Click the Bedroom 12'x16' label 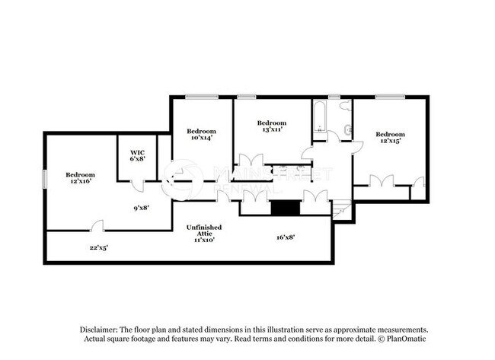pyautogui.click(x=79, y=177)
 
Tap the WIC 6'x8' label pyautogui.click(x=137, y=155)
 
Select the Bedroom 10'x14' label pyautogui.click(x=202, y=134)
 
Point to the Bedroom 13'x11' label pyautogui.click(x=271, y=126)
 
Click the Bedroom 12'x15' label pyautogui.click(x=388, y=137)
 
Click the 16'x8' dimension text pyautogui.click(x=286, y=237)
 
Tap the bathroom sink pyautogui.click(x=348, y=130)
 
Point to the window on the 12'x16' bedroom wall pyautogui.click(x=44, y=177)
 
